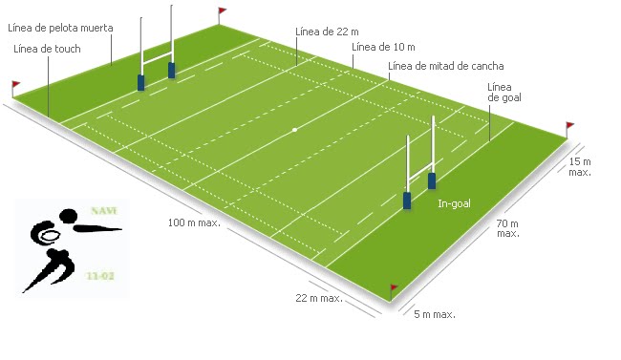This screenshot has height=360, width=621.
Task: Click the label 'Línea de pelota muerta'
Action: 59,29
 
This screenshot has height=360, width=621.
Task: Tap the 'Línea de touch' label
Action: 47,48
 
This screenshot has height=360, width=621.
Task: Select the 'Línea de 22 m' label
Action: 328,32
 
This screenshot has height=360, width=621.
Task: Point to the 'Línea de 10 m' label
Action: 383,47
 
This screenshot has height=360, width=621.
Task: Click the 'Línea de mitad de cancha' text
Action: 446,66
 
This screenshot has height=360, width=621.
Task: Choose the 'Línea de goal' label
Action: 504,91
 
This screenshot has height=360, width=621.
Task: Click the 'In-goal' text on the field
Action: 455,204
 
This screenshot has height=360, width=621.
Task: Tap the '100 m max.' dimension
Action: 194,222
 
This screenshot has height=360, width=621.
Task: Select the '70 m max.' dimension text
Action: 507,227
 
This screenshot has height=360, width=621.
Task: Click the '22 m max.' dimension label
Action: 319,298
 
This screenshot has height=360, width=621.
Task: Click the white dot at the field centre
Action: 295,130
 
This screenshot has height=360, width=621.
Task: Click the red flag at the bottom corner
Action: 394,287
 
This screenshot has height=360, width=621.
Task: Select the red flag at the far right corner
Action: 570,126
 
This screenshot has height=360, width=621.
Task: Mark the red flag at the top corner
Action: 223,12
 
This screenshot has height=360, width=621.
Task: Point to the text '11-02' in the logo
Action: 98,275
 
